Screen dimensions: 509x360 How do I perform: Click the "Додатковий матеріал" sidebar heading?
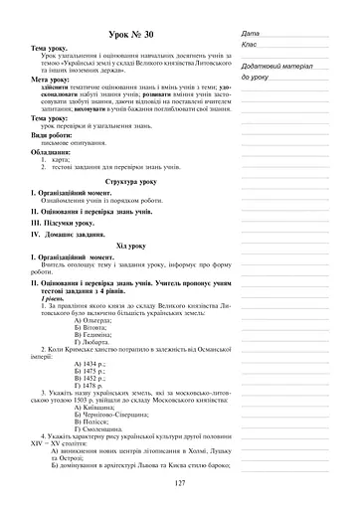coord(279,65)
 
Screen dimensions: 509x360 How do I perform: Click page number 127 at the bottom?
coord(180,482)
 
